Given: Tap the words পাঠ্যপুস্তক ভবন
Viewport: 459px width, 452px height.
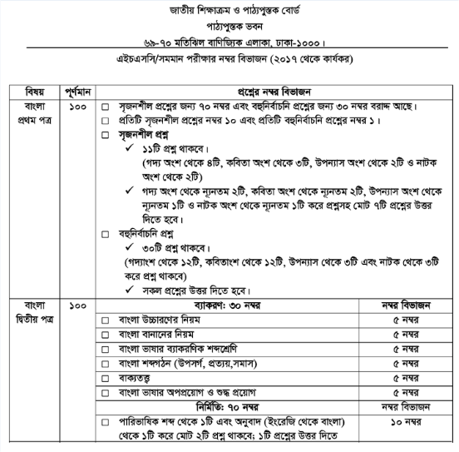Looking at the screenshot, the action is [x=228, y=25].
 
